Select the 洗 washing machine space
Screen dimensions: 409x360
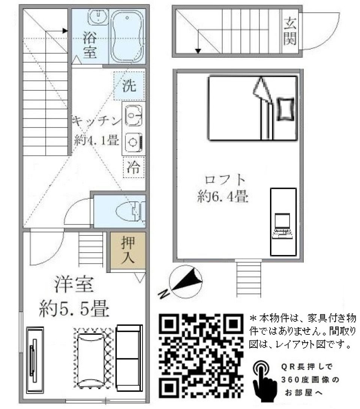pyautogui.click(x=129, y=86)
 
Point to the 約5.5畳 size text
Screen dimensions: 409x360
pyautogui.click(x=75, y=309)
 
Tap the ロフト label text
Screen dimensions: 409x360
pyautogui.click(x=225, y=180)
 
